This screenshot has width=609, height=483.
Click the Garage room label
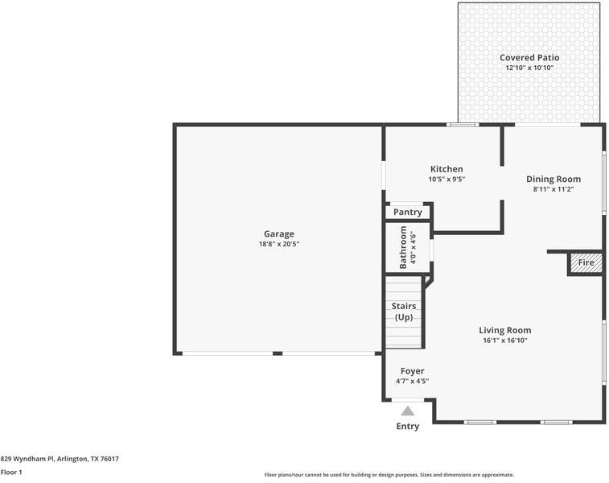(278, 234)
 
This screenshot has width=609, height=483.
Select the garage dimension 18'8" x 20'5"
(278, 244)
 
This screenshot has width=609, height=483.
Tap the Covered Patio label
(529, 58)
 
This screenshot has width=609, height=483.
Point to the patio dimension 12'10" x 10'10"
(529, 68)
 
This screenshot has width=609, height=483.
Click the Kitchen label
(446, 169)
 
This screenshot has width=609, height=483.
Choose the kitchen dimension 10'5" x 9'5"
(446, 180)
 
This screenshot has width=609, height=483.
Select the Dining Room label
(553, 180)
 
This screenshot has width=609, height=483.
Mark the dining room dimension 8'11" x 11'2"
(553, 190)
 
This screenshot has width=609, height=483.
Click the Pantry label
(408, 213)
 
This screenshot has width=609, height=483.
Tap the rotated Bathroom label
(404, 247)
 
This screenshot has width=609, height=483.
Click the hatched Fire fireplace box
(586, 263)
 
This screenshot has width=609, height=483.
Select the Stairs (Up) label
(403, 312)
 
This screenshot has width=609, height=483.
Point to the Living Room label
(504, 330)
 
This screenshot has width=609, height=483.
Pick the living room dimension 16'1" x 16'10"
(504, 341)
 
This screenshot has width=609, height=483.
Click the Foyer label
(412, 371)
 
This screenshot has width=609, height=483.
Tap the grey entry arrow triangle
(408, 411)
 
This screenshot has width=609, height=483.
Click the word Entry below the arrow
(408, 427)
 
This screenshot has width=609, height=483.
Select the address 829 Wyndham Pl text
(60, 459)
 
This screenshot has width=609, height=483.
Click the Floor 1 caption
(11, 473)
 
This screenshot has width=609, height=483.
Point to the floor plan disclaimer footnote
(389, 475)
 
